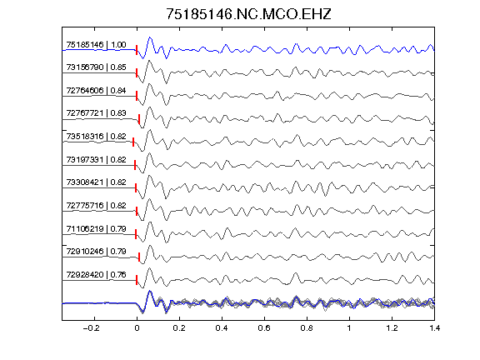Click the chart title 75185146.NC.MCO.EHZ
click(x=248, y=14)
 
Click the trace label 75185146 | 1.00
click(x=96, y=45)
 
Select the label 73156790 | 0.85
click(x=96, y=67)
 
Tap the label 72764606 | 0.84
click(x=96, y=90)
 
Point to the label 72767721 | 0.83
click(x=96, y=113)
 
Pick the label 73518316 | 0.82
click(x=96, y=136)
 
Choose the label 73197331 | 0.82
click(x=96, y=159)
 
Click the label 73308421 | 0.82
click(x=96, y=182)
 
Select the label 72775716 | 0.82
click(x=96, y=205)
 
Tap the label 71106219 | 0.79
click(x=96, y=228)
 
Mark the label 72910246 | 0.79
click(x=96, y=252)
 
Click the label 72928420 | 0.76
click(x=96, y=275)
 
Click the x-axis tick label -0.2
click(x=91, y=328)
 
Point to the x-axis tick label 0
click(x=137, y=328)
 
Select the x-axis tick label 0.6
click(x=264, y=328)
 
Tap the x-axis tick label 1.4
click(x=435, y=328)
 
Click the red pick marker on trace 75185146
click(x=137, y=50)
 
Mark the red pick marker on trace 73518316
click(x=133, y=142)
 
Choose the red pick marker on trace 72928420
click(x=137, y=280)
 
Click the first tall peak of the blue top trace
click(x=150, y=37)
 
